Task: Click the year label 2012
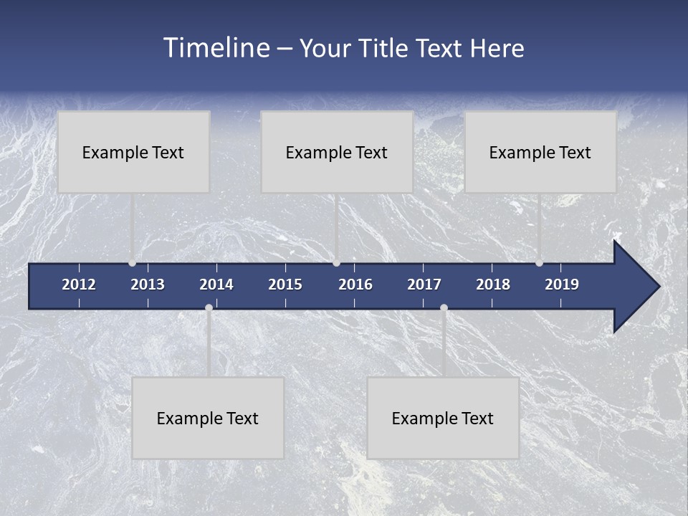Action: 79,285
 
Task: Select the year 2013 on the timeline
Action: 148,285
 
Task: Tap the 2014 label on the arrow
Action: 216,285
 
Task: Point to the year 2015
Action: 285,285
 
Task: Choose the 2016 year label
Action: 355,285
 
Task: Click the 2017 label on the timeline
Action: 424,285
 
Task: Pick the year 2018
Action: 493,285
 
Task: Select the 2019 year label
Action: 562,285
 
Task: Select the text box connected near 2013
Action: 133,152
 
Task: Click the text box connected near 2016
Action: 337,152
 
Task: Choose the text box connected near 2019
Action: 540,152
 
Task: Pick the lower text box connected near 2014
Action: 208,418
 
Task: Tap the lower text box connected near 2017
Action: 443,418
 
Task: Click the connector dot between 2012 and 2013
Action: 132,263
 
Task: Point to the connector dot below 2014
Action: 209,308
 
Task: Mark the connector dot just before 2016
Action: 337,263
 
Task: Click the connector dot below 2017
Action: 444,308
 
